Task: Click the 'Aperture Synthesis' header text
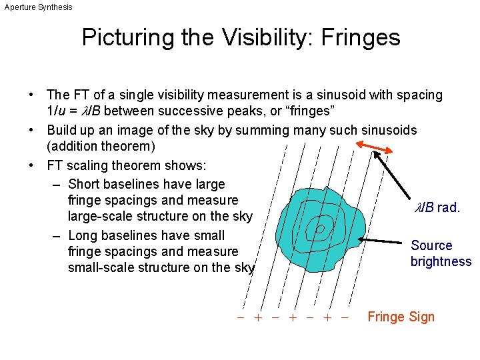[x=38, y=7]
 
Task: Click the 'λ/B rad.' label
[x=437, y=208]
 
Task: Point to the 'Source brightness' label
[x=441, y=253]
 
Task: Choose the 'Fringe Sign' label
[x=401, y=317]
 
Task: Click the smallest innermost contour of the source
[x=320, y=229]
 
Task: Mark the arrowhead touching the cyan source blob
[x=362, y=238]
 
